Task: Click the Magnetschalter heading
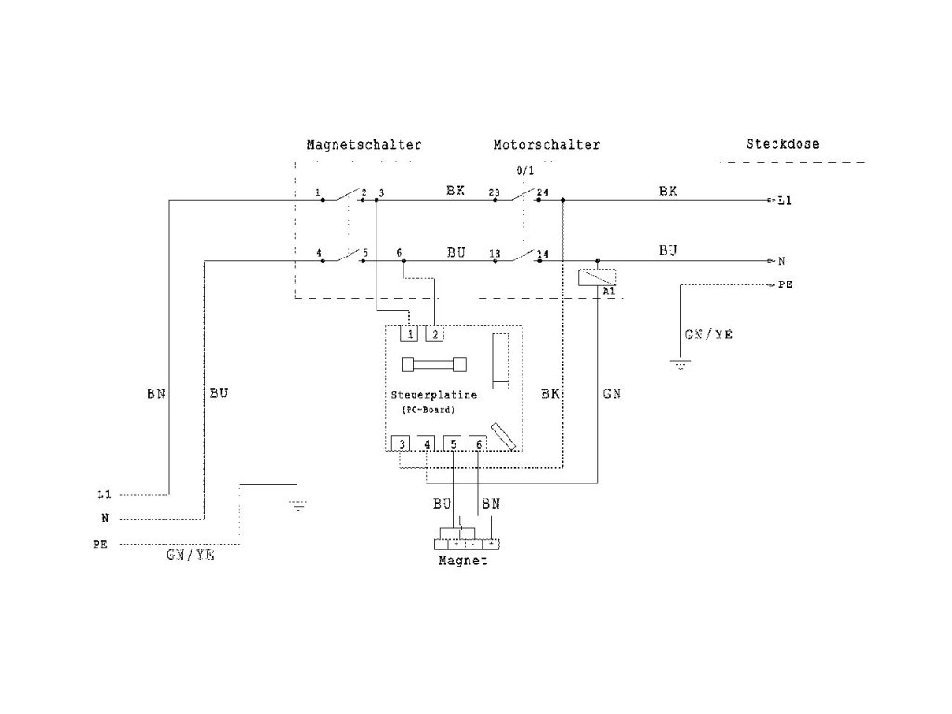364,145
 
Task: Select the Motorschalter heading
547,145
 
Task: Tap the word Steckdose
783,144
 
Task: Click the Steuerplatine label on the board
434,395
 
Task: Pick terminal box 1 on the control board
407,333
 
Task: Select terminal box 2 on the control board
434,333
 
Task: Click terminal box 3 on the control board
401,444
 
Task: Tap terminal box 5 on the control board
453,444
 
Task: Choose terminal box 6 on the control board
478,444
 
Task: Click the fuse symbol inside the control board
430,364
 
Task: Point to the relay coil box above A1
596,276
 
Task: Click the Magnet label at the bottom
462,562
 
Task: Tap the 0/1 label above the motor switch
525,172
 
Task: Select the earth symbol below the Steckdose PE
681,366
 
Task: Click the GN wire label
612,394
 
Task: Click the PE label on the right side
786,286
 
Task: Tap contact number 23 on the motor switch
495,194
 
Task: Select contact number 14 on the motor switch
543,254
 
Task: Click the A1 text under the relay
609,292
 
